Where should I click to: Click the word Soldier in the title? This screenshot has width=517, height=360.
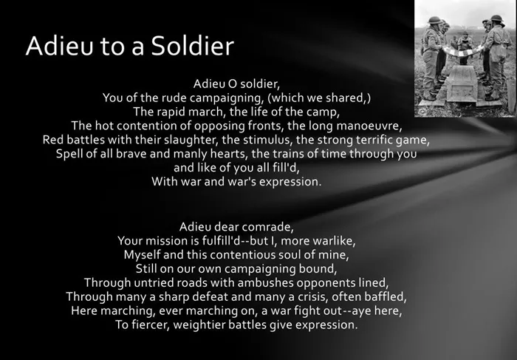[193, 46]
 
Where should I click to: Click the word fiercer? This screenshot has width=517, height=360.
[151, 325]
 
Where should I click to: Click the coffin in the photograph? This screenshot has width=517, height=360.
[462, 85]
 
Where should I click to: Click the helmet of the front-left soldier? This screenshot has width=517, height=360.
[434, 20]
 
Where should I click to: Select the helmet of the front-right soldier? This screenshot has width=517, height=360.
[496, 18]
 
